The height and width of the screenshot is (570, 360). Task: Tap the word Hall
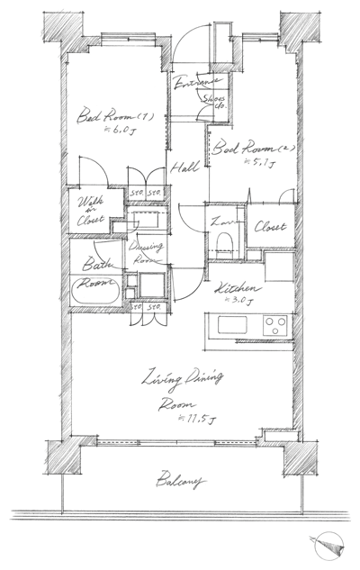[187, 166]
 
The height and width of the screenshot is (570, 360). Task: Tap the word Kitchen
[233, 288]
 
